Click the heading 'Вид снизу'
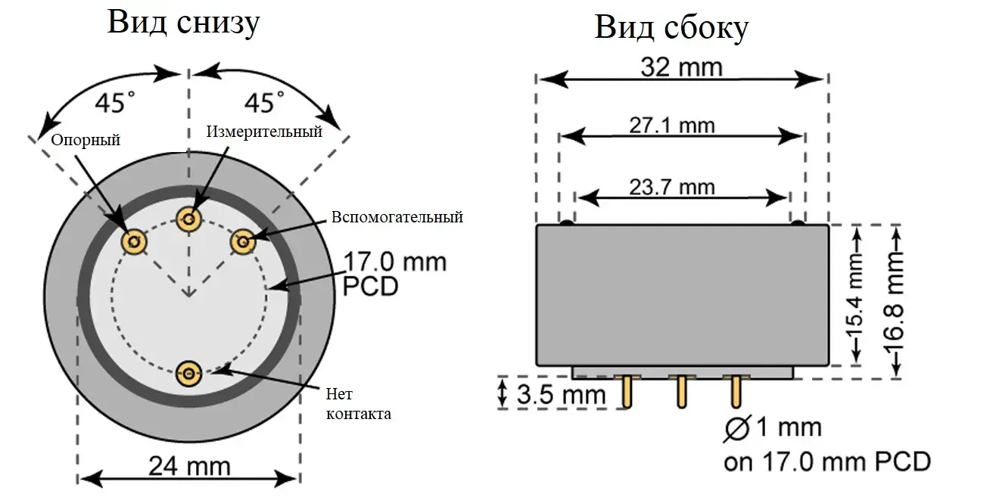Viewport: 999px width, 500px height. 183,22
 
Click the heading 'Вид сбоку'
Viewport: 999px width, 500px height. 671,27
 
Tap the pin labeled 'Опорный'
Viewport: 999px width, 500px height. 134,242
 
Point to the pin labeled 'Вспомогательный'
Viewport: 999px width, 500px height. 243,242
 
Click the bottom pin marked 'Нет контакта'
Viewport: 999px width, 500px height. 188,372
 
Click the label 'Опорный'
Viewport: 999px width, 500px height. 86,140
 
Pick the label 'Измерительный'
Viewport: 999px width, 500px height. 264,132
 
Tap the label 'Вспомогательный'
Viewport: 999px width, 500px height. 397,218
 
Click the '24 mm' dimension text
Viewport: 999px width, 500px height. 189,465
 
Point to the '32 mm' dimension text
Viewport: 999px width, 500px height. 681,67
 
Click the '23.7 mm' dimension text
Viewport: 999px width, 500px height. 672,186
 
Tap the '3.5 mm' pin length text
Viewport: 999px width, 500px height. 561,394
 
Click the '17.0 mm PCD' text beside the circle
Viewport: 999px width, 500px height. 394,274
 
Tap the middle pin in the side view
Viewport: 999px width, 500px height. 681,392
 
